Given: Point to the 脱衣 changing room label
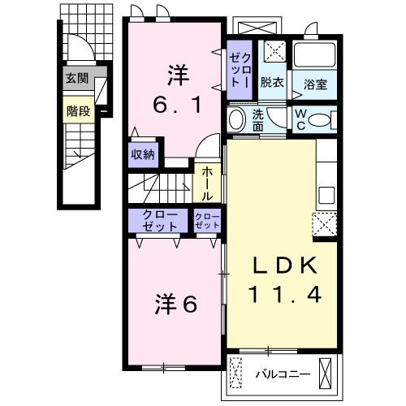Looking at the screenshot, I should pyautogui.click(x=271, y=83).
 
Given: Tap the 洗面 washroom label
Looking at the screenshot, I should pyautogui.click(x=258, y=121).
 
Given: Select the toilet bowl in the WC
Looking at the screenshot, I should pyautogui.click(x=321, y=120).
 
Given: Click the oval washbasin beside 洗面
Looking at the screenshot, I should pyautogui.click(x=237, y=120).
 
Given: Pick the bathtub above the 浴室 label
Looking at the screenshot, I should pyautogui.click(x=315, y=56).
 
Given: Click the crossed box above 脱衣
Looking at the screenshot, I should pyautogui.click(x=274, y=52).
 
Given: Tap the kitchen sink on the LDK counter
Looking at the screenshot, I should pyautogui.click(x=326, y=195).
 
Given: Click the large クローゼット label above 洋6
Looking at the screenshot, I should pyautogui.click(x=158, y=219).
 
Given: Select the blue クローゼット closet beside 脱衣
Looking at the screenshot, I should pyautogui.click(x=240, y=71).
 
